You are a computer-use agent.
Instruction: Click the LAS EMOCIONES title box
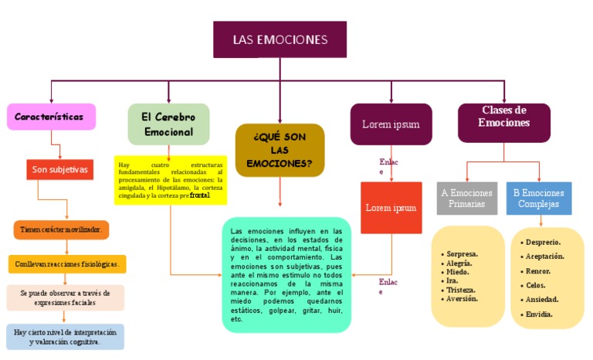click(280, 40)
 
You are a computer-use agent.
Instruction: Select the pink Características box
click(51, 117)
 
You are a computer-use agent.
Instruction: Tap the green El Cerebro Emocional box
click(168, 124)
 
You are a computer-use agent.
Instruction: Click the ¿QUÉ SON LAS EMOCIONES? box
click(280, 150)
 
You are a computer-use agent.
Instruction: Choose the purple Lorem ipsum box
click(391, 124)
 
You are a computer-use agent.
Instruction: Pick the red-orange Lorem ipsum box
click(391, 208)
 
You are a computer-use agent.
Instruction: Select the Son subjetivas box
click(60, 169)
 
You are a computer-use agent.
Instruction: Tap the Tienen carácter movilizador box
click(62, 230)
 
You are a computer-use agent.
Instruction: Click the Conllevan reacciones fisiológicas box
click(67, 264)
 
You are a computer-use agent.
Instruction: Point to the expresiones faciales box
click(66, 298)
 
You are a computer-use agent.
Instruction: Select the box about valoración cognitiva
click(66, 337)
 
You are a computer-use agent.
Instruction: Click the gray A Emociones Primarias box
click(466, 199)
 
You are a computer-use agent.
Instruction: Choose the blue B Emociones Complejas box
click(539, 199)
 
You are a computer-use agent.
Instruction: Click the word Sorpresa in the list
click(462, 253)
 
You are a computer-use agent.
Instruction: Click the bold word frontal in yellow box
click(200, 196)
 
